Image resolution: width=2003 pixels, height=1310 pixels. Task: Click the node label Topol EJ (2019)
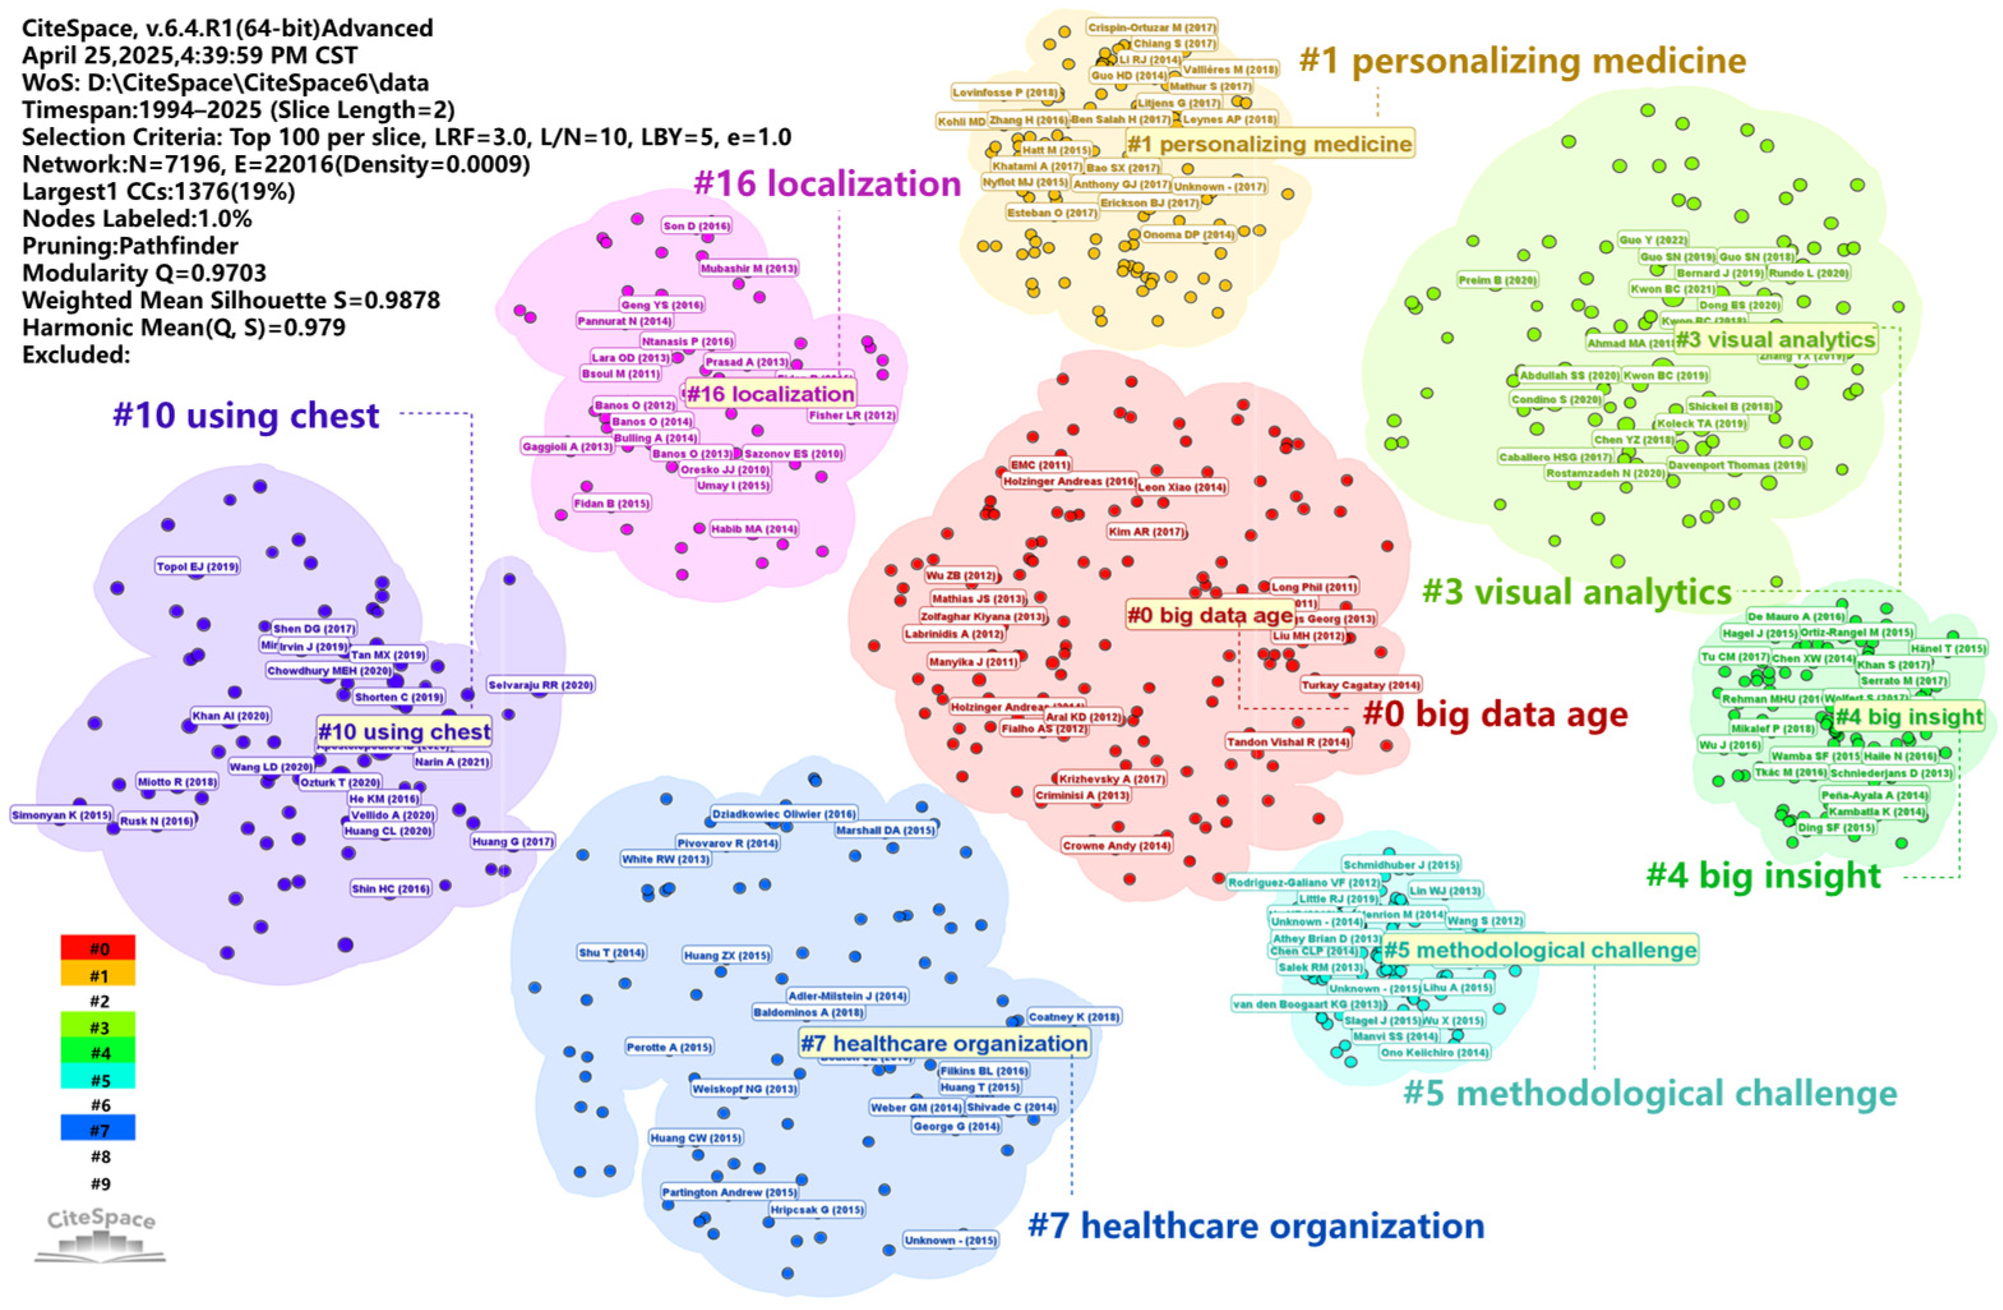(x=198, y=567)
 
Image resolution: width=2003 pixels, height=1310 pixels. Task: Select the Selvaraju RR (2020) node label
(x=541, y=685)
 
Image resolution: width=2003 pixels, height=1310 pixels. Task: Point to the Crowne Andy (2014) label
(x=1117, y=845)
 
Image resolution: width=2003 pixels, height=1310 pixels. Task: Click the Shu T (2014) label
(x=612, y=953)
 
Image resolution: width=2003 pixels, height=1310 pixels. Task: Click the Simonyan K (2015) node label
(x=61, y=815)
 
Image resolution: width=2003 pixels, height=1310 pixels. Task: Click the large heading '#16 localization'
(x=827, y=183)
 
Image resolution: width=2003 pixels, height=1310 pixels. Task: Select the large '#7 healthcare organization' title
(x=1256, y=1226)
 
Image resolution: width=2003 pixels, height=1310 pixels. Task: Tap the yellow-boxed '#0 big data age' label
(x=1209, y=615)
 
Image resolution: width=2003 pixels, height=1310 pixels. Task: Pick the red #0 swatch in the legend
(x=98, y=949)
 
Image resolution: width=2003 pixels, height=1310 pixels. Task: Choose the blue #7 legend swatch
(x=98, y=1129)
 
